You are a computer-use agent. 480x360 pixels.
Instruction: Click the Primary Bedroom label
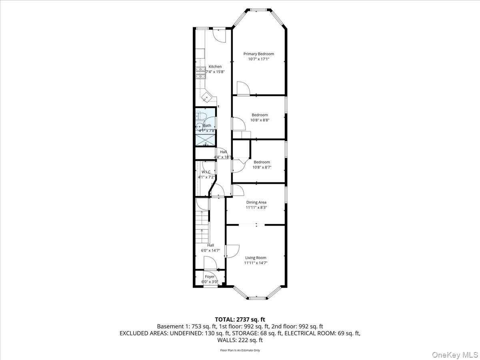(259, 54)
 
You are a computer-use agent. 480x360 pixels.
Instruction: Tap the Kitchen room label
(215, 67)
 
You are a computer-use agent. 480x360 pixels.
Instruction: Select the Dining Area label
(256, 202)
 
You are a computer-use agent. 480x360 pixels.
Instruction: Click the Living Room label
(256, 258)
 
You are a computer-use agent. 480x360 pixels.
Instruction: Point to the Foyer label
(210, 277)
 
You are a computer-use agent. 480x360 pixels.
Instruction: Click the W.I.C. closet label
(206, 172)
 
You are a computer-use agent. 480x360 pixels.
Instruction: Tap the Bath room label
(207, 126)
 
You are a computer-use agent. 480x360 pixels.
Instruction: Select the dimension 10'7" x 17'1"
(259, 59)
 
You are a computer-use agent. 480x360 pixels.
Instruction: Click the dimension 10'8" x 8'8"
(260, 120)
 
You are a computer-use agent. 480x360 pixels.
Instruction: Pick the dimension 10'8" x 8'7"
(262, 167)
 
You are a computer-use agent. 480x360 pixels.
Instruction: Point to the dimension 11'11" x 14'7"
(256, 263)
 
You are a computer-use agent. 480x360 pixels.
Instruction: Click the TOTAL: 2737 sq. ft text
(240, 319)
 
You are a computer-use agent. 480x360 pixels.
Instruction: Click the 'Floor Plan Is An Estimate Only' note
(240, 350)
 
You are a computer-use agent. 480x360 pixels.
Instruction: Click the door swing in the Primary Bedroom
(242, 88)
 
